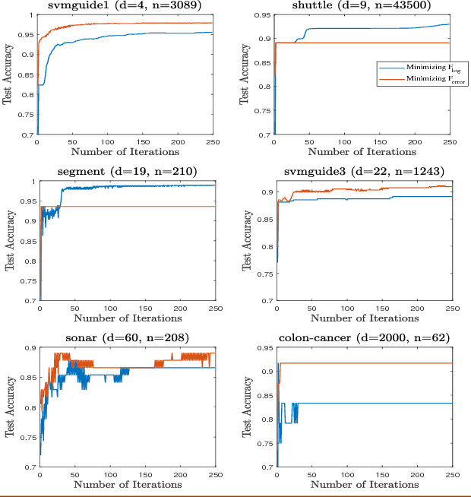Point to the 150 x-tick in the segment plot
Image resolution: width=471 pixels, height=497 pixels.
click(144, 308)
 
